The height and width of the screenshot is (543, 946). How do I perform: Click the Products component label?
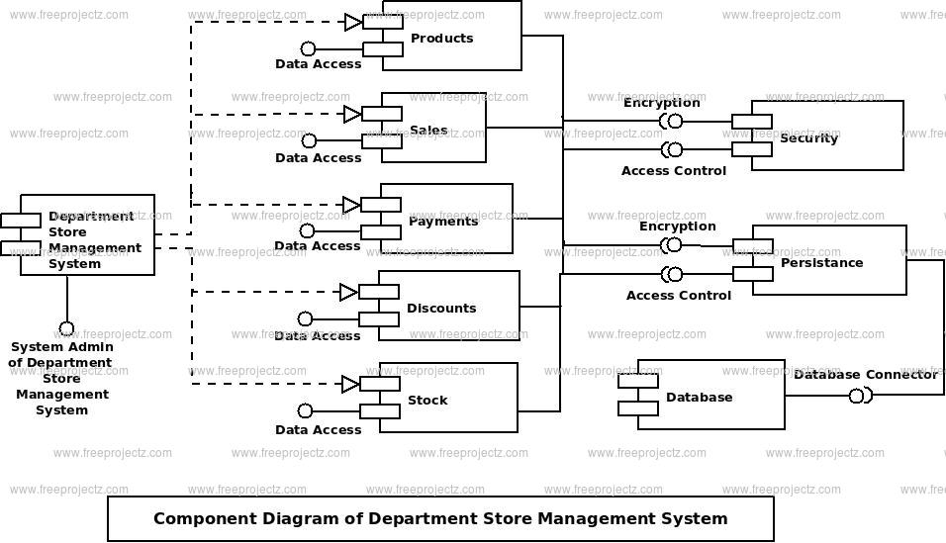[x=441, y=38]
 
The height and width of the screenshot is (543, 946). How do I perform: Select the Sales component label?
[x=428, y=130]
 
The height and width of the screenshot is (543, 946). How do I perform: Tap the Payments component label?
[x=443, y=222]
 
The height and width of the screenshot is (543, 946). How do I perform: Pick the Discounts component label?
[x=441, y=309]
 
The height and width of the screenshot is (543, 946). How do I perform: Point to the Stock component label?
[x=427, y=400]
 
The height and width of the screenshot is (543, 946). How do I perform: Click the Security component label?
[x=808, y=138]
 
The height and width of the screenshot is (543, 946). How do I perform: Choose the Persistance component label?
[x=821, y=263]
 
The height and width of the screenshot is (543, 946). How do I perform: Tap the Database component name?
[x=699, y=397]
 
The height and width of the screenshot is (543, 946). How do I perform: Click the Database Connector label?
[x=865, y=374]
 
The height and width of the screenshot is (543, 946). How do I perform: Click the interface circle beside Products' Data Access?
[x=308, y=48]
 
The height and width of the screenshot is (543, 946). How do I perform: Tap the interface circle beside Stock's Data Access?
[x=306, y=410]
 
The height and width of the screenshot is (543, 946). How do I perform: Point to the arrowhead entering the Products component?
[x=353, y=23]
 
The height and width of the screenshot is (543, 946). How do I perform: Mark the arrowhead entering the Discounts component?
[x=348, y=293]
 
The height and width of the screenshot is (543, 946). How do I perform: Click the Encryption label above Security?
[x=661, y=103]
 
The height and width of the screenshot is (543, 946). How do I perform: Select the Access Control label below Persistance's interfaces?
[x=678, y=296]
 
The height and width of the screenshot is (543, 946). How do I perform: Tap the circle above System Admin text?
[x=66, y=329]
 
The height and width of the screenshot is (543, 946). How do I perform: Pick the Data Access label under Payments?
[x=318, y=246]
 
